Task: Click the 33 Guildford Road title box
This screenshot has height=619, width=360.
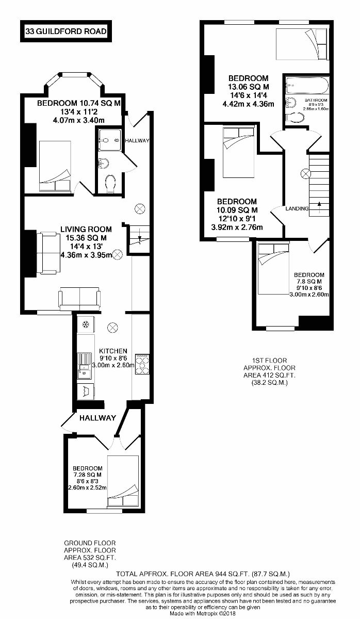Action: tap(66, 31)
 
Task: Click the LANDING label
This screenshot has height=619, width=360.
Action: tap(298, 208)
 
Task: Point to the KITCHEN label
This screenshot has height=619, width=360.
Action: tap(113, 351)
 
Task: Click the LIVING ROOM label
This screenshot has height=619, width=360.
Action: tap(86, 229)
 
